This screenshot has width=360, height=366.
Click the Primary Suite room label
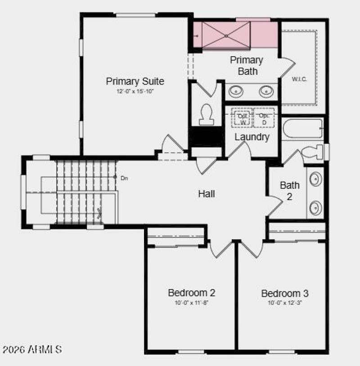(135, 81)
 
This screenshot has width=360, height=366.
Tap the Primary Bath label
(247, 65)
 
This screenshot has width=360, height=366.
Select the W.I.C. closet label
(299, 80)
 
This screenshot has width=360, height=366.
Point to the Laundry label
(252, 137)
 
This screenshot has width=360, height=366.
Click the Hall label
(207, 194)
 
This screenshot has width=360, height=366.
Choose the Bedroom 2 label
(191, 293)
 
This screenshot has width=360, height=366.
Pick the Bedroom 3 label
(285, 294)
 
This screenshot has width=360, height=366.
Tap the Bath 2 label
(289, 190)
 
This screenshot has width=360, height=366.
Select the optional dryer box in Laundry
(264, 119)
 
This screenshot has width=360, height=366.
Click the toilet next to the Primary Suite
(207, 114)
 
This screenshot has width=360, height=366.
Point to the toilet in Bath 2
(312, 152)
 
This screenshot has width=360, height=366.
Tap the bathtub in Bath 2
(302, 129)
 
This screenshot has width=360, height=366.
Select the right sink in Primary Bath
(266, 92)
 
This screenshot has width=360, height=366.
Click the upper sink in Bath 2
(316, 179)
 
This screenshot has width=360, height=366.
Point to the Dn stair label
(124, 178)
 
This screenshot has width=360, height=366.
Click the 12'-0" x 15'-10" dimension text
(135, 91)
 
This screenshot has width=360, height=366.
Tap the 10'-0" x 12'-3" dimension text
(285, 303)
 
